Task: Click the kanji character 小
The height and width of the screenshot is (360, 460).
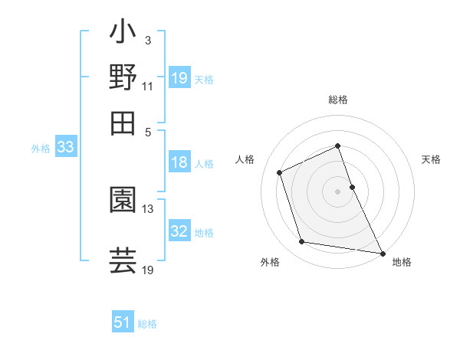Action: click(123, 34)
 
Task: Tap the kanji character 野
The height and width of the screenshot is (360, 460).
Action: click(123, 77)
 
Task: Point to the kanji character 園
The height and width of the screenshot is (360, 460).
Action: click(123, 199)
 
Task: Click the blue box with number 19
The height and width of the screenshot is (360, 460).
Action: click(179, 78)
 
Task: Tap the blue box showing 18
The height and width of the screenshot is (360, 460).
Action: click(179, 162)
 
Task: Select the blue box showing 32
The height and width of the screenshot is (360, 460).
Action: click(179, 231)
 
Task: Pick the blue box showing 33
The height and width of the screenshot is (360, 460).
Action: click(65, 148)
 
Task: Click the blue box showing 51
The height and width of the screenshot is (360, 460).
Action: click(123, 322)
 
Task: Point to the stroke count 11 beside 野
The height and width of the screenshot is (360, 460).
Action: click(148, 86)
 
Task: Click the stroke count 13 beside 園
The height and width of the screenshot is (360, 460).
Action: click(148, 208)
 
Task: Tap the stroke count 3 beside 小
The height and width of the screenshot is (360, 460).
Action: click(147, 39)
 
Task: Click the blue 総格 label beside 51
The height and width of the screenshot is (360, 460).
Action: click(147, 324)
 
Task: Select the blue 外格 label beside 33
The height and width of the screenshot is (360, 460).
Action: click(41, 149)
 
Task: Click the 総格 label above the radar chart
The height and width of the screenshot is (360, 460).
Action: click(337, 100)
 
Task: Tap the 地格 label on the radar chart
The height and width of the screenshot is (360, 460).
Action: click(402, 262)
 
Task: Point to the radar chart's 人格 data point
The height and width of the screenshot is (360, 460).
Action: click(280, 172)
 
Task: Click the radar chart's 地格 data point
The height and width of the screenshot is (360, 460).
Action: click(381, 252)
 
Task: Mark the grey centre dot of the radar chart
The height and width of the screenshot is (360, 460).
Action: click(337, 191)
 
